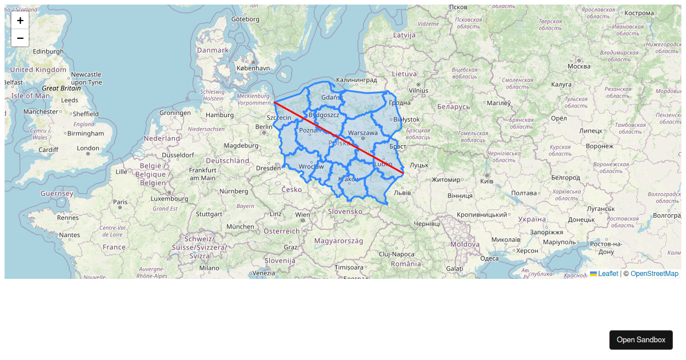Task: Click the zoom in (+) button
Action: point(20,21)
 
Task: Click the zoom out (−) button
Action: point(20,38)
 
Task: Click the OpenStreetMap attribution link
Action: point(654,274)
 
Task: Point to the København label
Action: point(253,68)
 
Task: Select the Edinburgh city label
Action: point(49,51)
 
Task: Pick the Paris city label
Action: point(120,202)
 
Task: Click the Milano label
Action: point(209,267)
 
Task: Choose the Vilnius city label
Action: point(418,90)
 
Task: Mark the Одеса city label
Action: point(489,258)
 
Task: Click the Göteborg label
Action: point(245,19)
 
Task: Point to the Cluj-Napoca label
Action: point(396,254)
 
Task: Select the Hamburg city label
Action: point(220,115)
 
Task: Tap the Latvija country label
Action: point(404,35)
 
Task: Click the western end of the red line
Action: point(274,102)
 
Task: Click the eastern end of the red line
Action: point(404,172)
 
